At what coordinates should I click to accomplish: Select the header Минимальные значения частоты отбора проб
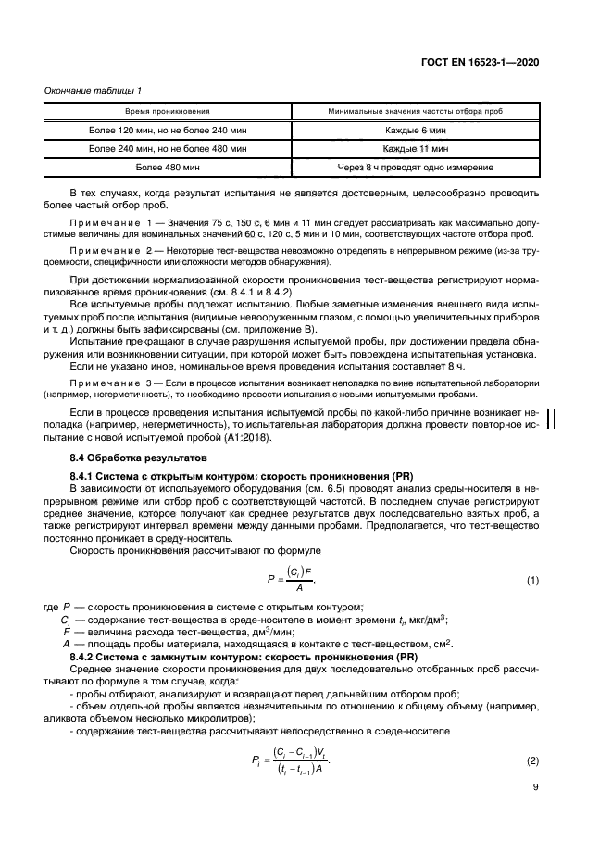[416, 111]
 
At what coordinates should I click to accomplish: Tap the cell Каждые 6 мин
[416, 130]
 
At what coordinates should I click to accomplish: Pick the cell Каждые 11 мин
[416, 148]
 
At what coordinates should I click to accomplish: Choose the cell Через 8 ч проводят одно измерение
[416, 168]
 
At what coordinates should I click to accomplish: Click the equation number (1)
[532, 580]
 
